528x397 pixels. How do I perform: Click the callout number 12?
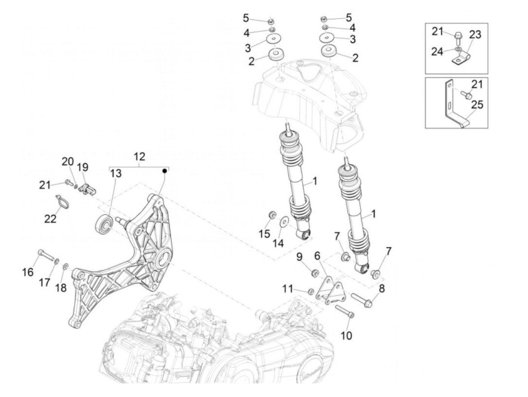coord(139,157)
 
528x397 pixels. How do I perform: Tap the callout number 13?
coord(116,174)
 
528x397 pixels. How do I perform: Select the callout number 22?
coord(50,219)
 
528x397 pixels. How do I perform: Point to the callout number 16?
coord(28,272)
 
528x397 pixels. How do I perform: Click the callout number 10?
coord(346,335)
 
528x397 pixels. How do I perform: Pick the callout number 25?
coord(477,105)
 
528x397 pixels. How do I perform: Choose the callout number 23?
coord(475,35)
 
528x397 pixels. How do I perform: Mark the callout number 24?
coord(437,51)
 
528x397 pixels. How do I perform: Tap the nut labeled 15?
coord(272,215)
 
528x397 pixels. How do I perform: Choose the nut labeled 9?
coord(313,272)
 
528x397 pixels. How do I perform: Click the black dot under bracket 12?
coord(164,171)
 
